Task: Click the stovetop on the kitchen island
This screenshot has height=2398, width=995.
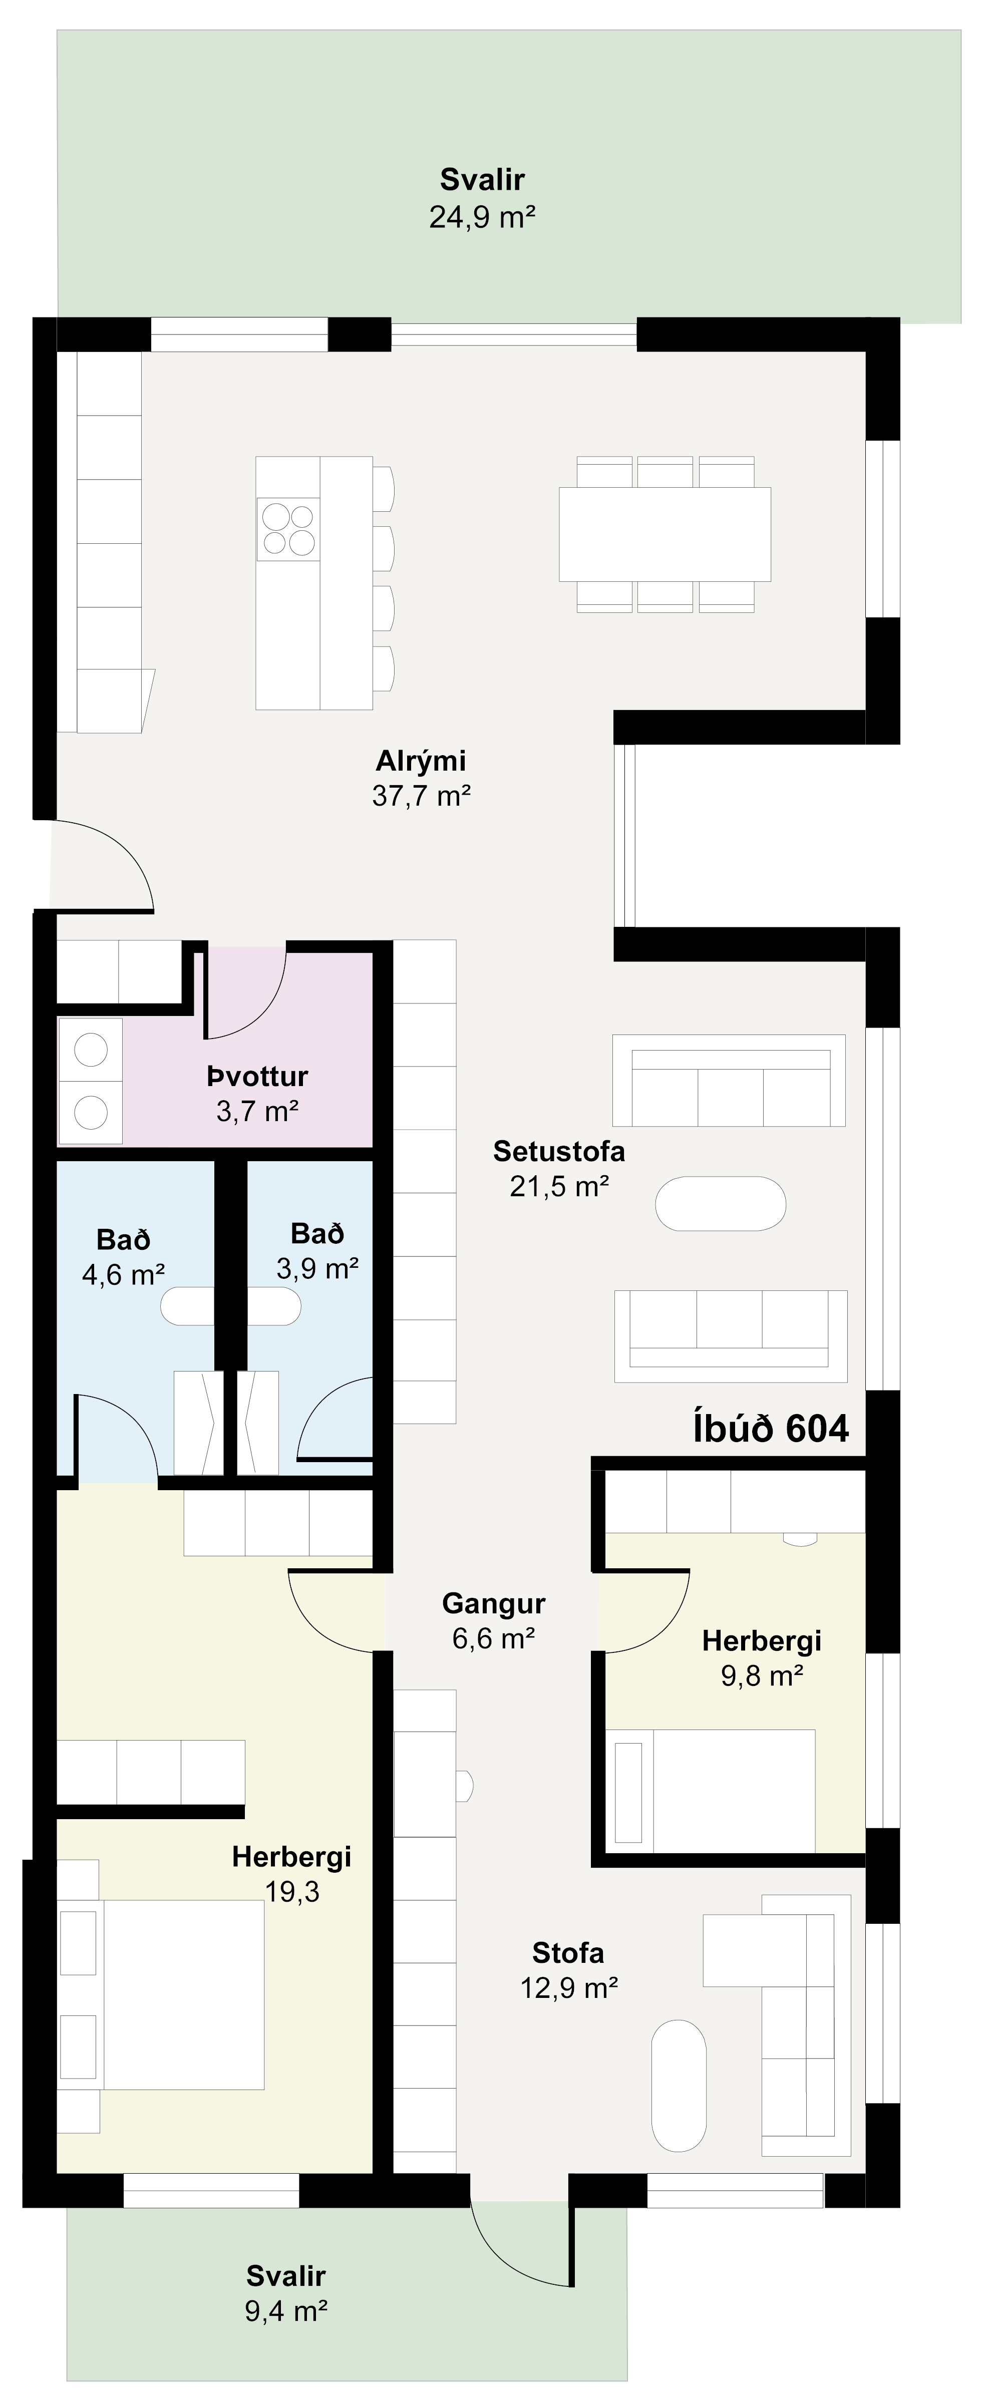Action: (288, 529)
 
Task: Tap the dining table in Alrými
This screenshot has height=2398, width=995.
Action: (665, 534)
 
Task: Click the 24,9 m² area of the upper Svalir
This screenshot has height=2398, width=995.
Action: (482, 218)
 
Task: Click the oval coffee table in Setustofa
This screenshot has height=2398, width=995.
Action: (721, 1204)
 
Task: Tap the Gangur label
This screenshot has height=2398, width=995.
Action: (493, 1603)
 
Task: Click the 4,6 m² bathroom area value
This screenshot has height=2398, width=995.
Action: (124, 1274)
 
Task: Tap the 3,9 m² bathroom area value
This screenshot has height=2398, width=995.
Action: (317, 1268)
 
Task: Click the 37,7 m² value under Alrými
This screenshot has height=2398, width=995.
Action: (421, 796)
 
